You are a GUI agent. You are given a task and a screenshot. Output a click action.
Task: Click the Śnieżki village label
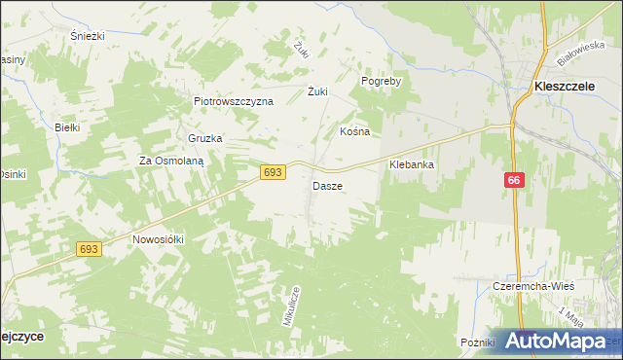point(87,35)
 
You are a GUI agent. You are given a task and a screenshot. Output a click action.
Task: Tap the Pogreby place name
point(382,82)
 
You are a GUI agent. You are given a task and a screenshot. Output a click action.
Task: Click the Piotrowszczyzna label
point(234,101)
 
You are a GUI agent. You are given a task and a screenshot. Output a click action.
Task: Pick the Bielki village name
point(66,127)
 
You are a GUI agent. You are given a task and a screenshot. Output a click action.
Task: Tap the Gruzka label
point(205,138)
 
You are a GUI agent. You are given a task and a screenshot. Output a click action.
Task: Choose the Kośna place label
point(354,130)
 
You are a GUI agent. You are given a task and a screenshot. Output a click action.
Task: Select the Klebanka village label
point(411,165)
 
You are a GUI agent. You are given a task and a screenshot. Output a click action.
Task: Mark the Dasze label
point(327,185)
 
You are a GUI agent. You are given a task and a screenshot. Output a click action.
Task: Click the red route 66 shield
point(515,181)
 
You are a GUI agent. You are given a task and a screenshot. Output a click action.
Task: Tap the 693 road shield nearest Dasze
point(273,172)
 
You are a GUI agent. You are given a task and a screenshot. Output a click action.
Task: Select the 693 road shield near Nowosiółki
point(90,250)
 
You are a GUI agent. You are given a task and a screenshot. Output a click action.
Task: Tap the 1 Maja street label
point(569,315)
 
